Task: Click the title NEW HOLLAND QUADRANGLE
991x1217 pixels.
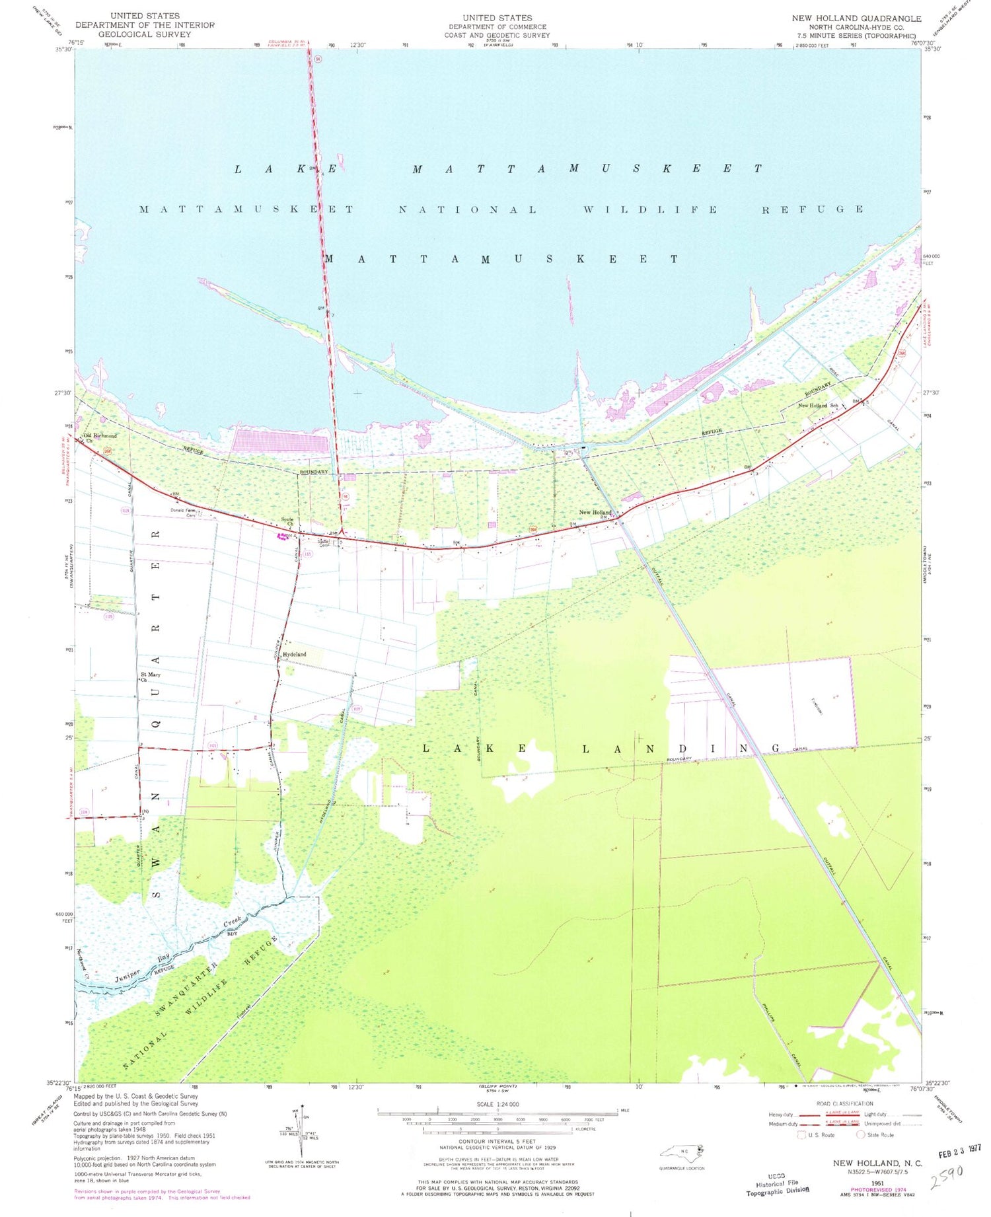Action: (856, 18)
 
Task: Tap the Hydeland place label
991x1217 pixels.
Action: (295, 654)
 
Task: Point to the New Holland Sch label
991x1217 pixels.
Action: (818, 405)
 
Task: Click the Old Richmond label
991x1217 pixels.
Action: (101, 436)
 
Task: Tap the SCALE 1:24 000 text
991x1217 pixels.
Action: (497, 1104)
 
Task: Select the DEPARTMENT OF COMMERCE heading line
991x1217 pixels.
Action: (497, 26)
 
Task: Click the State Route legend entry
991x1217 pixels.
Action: (877, 1135)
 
